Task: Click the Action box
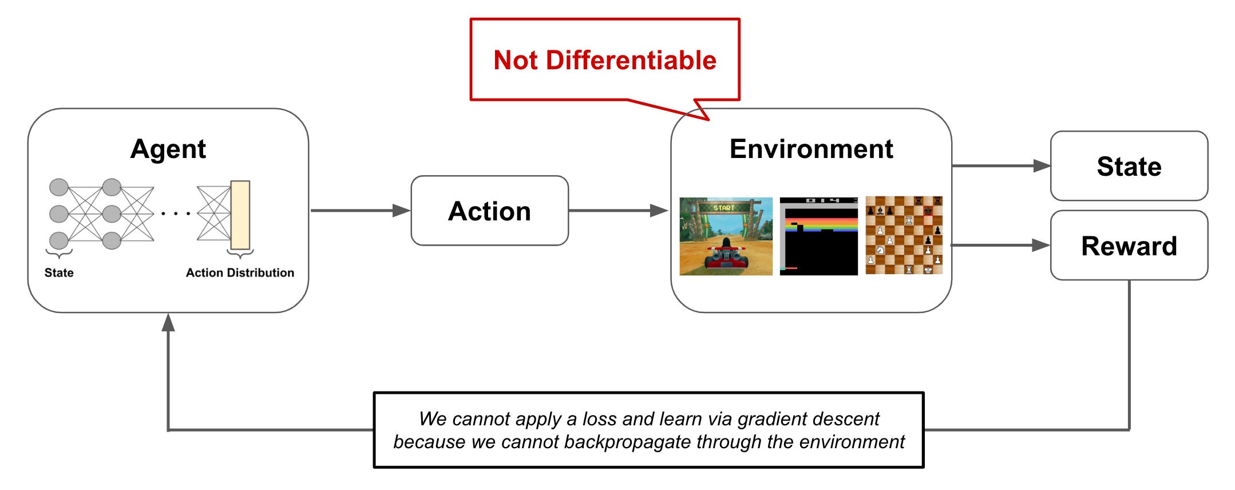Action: pyautogui.click(x=489, y=211)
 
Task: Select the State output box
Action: pyautogui.click(x=1129, y=166)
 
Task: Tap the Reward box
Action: pyautogui.click(x=1129, y=246)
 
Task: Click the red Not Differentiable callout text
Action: pyautogui.click(x=604, y=60)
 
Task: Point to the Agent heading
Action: pyautogui.click(x=168, y=149)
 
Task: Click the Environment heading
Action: pyautogui.click(x=811, y=149)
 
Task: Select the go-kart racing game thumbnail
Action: pyautogui.click(x=726, y=236)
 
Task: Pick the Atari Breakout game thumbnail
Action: pyautogui.click(x=818, y=236)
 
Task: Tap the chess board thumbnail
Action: pyautogui.click(x=904, y=235)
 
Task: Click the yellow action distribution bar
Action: pyautogui.click(x=240, y=215)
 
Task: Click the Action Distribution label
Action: pyautogui.click(x=240, y=272)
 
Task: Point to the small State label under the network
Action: pyautogui.click(x=59, y=272)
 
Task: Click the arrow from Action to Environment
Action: pyautogui.click(x=618, y=211)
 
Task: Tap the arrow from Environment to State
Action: pyautogui.click(x=1000, y=166)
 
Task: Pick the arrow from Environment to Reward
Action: pyautogui.click(x=1000, y=246)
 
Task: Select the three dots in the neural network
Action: pyautogui.click(x=176, y=214)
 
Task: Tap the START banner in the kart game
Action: pyautogui.click(x=724, y=208)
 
